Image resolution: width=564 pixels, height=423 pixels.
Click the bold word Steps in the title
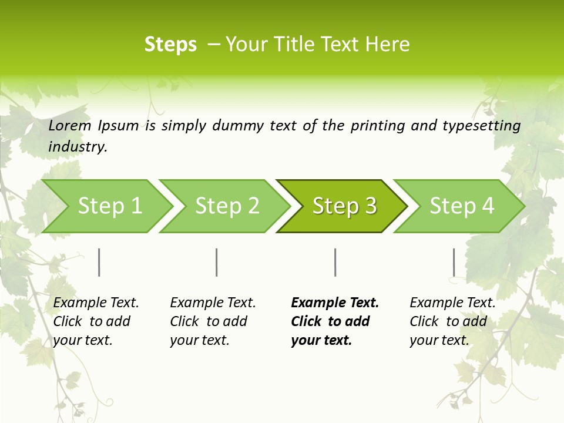point(170,45)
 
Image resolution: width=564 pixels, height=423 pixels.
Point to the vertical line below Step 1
point(99,262)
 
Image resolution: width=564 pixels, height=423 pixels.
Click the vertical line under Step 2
point(217,262)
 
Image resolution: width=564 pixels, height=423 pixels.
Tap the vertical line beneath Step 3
point(335,262)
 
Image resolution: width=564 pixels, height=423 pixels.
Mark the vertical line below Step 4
point(454,262)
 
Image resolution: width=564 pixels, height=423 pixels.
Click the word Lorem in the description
point(70,126)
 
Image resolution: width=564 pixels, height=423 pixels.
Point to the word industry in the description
point(78,147)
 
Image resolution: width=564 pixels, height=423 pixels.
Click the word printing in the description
point(377,126)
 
